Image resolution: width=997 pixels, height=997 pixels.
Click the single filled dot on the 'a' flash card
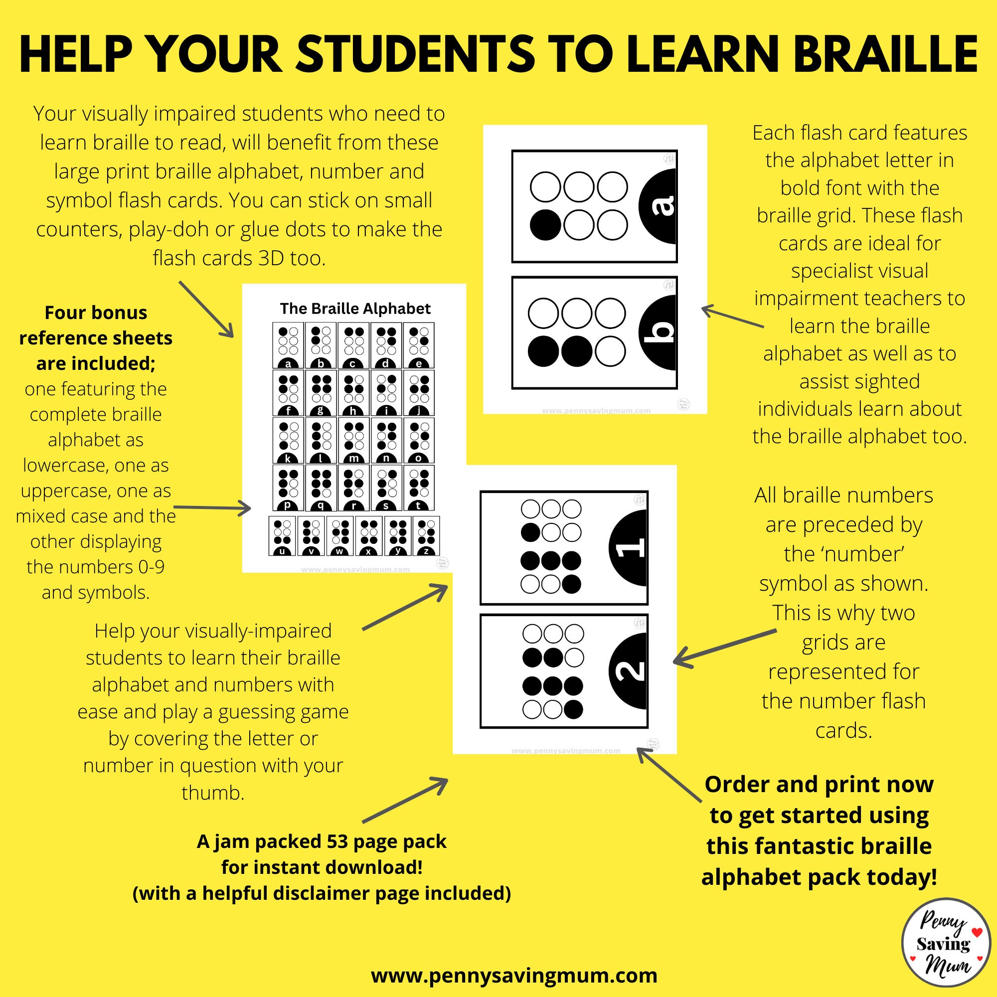(x=545, y=225)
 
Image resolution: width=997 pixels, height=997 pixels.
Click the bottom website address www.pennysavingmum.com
(x=514, y=976)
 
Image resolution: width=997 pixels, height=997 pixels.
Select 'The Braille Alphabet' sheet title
(x=355, y=309)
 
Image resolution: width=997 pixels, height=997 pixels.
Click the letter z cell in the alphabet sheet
(x=426, y=536)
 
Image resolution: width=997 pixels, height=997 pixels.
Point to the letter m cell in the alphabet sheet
(x=354, y=440)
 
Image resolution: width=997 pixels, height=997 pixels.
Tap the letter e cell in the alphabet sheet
(x=419, y=345)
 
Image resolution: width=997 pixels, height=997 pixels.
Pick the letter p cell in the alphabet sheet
(x=289, y=488)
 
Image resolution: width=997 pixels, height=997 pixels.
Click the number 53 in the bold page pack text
(x=338, y=841)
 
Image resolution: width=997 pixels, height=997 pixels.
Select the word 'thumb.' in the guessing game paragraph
(x=213, y=793)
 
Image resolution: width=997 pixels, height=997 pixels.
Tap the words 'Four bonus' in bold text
(x=96, y=313)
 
